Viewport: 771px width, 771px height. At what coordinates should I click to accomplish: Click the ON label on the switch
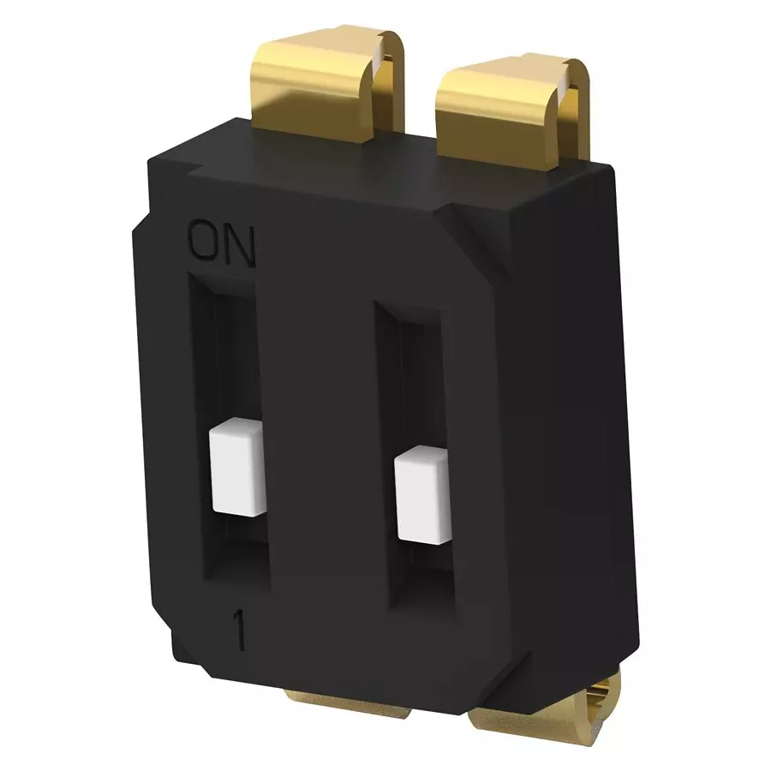[x=221, y=244]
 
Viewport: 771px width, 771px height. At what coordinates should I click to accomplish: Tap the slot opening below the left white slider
[x=240, y=557]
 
